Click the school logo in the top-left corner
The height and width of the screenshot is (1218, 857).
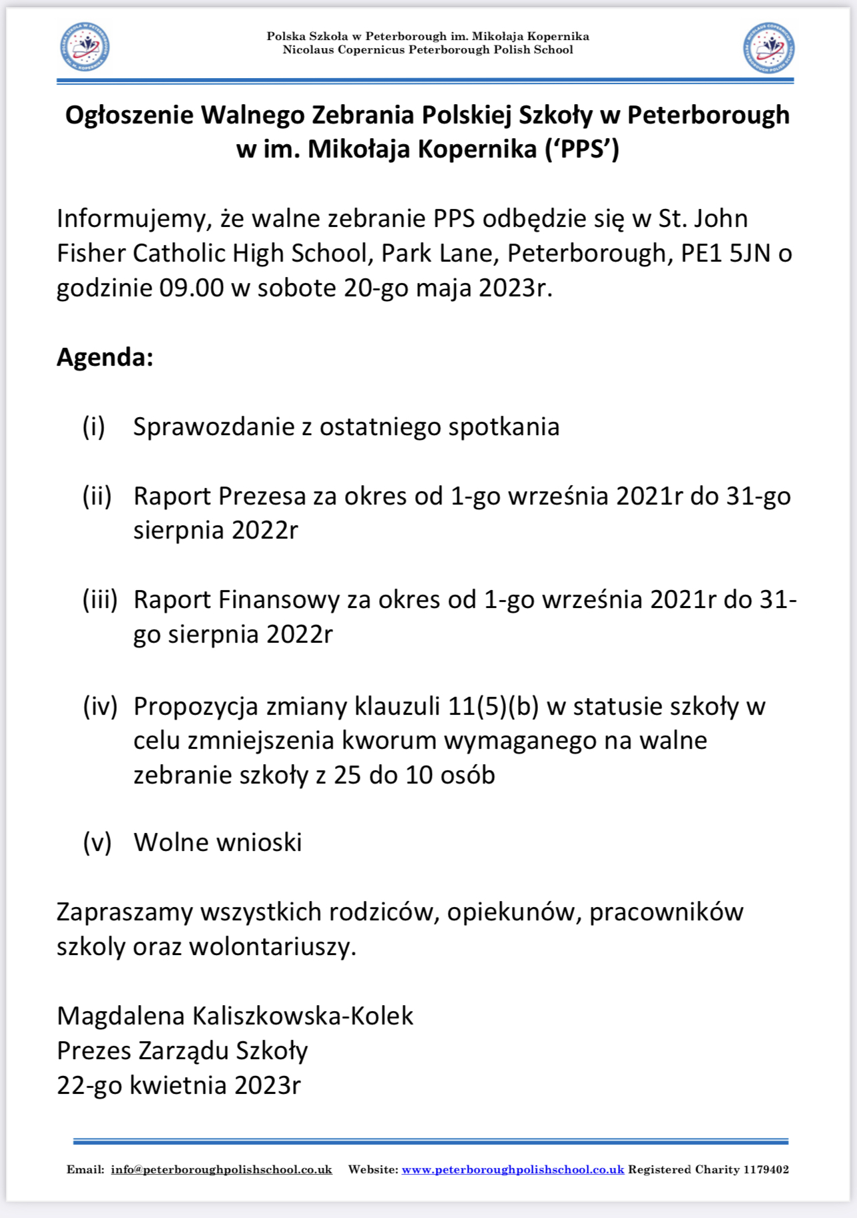(x=85, y=47)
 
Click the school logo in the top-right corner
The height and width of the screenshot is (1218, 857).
(x=769, y=47)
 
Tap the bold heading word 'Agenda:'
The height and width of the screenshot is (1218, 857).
(x=105, y=357)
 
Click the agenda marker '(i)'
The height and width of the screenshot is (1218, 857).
(x=93, y=427)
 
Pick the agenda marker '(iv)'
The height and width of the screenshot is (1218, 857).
(x=100, y=706)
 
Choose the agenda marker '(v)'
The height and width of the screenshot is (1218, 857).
(x=97, y=843)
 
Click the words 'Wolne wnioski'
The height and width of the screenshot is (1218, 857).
(x=218, y=843)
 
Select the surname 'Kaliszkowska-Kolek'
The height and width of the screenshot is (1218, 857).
(x=303, y=1016)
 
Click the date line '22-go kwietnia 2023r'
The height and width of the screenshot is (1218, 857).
(x=179, y=1086)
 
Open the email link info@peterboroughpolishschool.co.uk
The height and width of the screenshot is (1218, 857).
(x=222, y=1169)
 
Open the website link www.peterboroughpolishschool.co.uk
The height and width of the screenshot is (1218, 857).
(x=513, y=1169)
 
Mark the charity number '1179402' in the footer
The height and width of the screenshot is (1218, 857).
(x=766, y=1169)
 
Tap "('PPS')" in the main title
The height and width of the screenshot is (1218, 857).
(x=582, y=149)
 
